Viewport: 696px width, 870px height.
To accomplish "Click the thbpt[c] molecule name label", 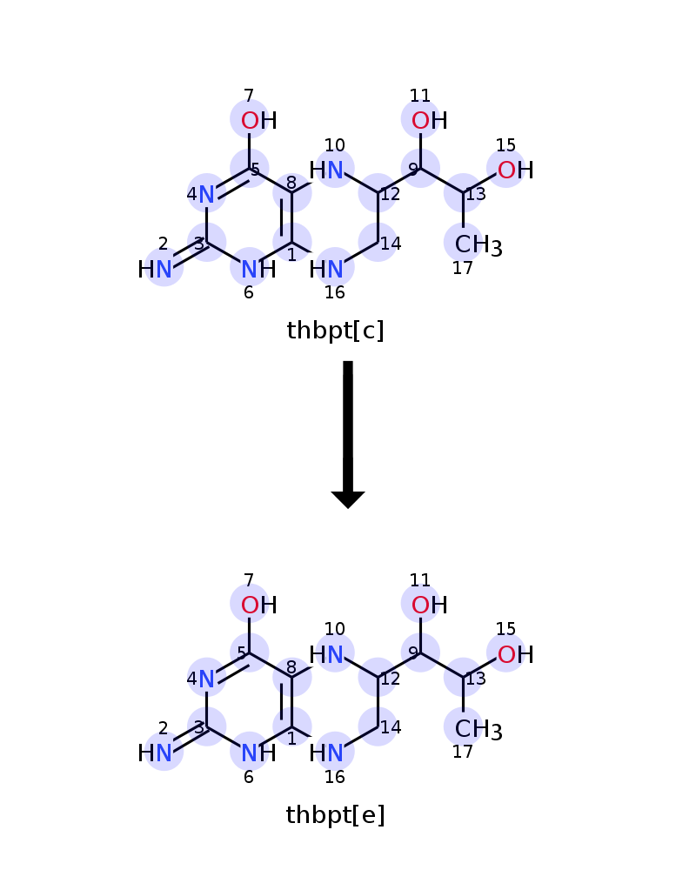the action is [x=335, y=331].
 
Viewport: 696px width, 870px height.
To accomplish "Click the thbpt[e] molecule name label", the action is [x=335, y=815].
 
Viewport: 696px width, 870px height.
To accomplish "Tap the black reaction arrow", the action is [x=348, y=434].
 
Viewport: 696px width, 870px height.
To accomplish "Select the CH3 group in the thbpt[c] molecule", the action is [x=478, y=244].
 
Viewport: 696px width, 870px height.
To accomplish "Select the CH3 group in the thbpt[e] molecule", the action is [x=478, y=729].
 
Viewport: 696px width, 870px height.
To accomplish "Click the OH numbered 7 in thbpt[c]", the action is [x=259, y=120].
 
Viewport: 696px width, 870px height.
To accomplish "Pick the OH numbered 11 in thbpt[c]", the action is [x=430, y=120].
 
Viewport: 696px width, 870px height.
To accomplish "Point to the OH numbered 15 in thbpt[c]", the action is [x=516, y=170].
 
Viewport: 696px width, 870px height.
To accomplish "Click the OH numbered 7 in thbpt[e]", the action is [x=259, y=605].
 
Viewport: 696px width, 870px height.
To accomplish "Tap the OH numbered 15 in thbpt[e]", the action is [x=516, y=654].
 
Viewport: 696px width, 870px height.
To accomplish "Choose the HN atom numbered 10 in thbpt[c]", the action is [x=326, y=170].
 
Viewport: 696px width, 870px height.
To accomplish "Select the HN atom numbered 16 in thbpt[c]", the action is [x=326, y=269].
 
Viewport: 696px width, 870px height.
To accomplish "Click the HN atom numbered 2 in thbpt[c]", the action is [x=155, y=269].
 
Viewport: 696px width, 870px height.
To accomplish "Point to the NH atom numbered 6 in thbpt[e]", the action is [x=259, y=753].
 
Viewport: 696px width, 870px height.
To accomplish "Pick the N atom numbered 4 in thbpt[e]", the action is [x=206, y=679].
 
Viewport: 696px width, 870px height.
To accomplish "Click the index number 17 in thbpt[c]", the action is [x=462, y=268].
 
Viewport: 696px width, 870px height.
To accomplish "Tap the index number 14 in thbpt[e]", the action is [x=391, y=726].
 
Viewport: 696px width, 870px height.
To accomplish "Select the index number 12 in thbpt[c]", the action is [x=390, y=194].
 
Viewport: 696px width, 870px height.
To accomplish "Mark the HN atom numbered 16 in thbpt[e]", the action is [x=326, y=753].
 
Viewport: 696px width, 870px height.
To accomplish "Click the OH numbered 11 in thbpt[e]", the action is [x=430, y=605].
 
